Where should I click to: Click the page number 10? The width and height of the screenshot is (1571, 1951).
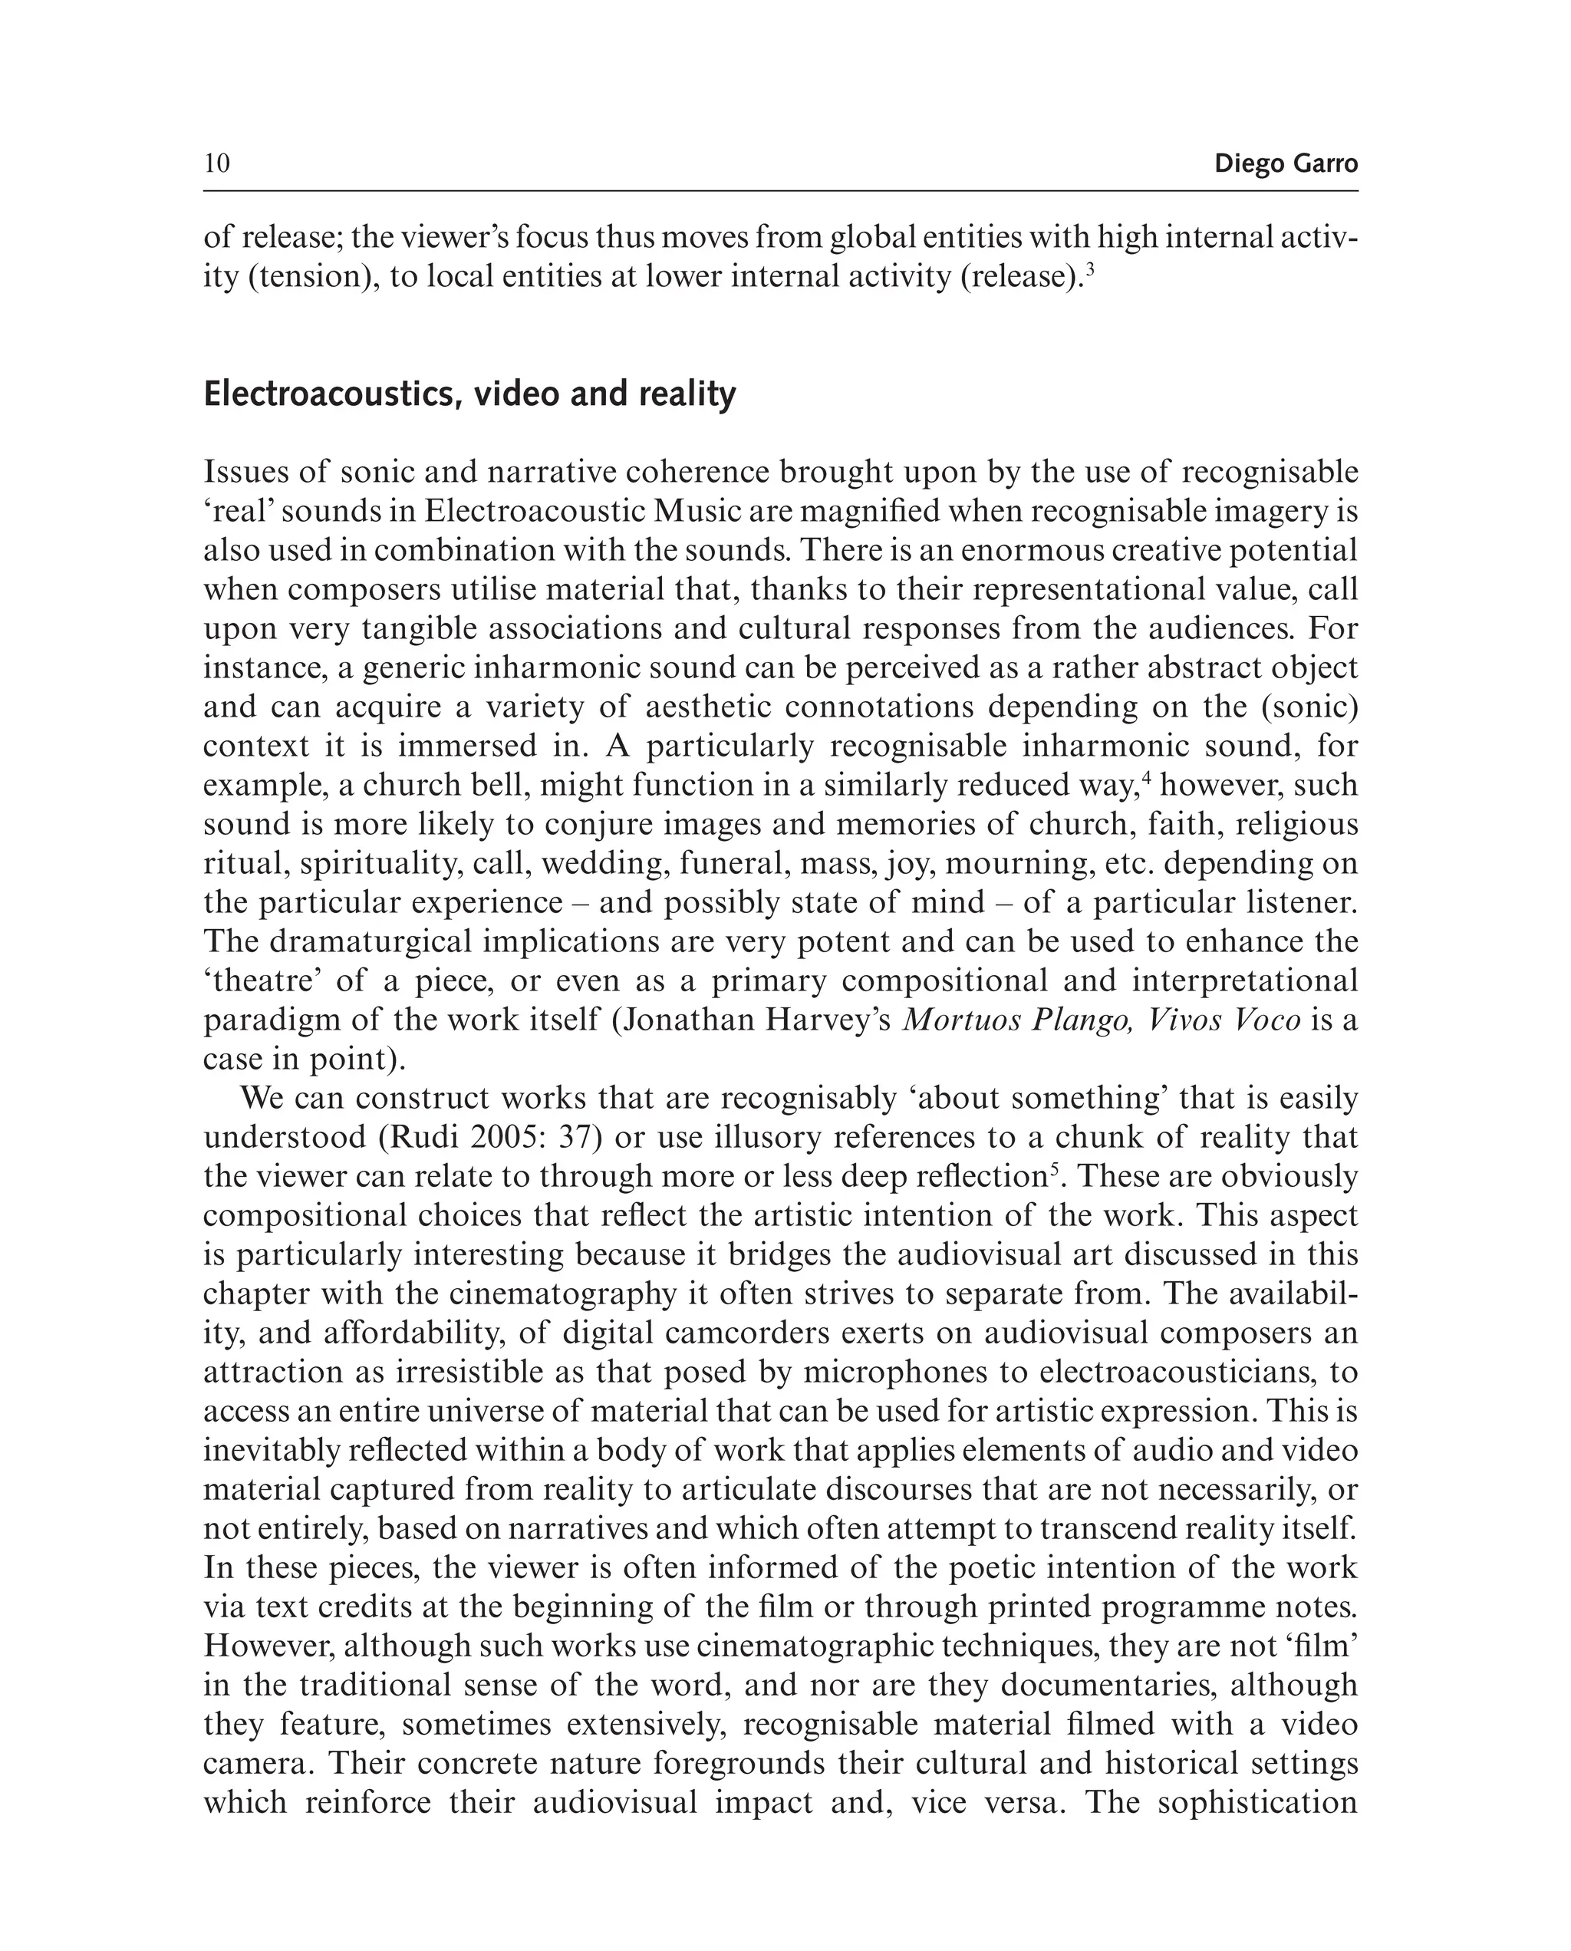point(217,163)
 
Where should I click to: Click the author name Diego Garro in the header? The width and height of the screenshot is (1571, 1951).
point(1285,163)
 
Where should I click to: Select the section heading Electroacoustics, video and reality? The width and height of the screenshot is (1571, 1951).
point(469,394)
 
